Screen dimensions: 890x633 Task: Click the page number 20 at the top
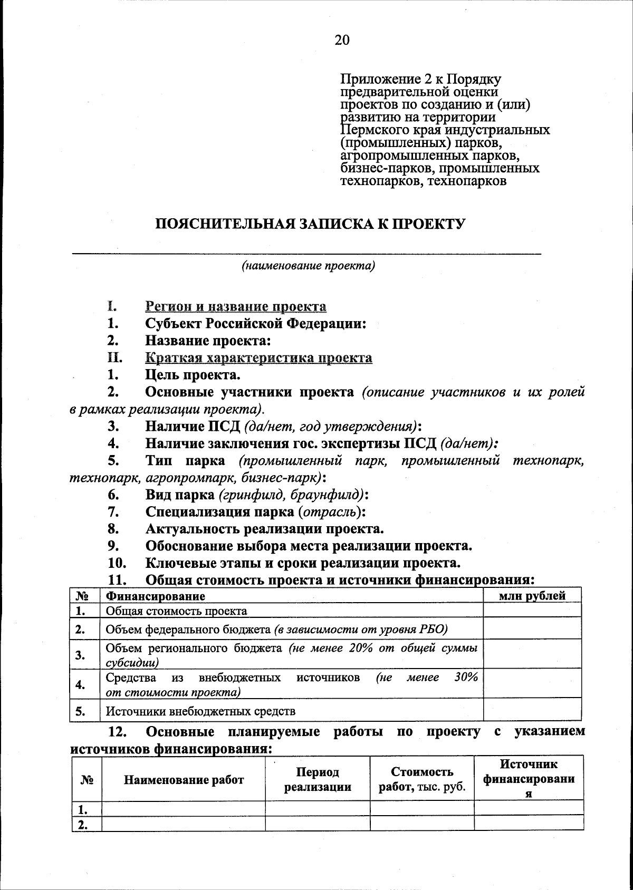tap(342, 40)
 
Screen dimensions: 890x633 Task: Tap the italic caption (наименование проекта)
tap(308, 266)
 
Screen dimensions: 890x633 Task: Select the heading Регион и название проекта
tap(236, 306)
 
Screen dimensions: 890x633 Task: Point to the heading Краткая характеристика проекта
tap(258, 358)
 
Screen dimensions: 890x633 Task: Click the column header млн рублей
tap(532, 596)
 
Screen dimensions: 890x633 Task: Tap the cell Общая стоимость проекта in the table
tap(177, 611)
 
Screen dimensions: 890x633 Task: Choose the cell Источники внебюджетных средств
tap(200, 711)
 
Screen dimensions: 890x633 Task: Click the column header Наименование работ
tap(184, 780)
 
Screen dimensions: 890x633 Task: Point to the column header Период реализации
tap(318, 780)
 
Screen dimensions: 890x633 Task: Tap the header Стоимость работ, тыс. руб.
tap(422, 780)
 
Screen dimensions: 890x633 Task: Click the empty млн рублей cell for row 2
tap(532, 629)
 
